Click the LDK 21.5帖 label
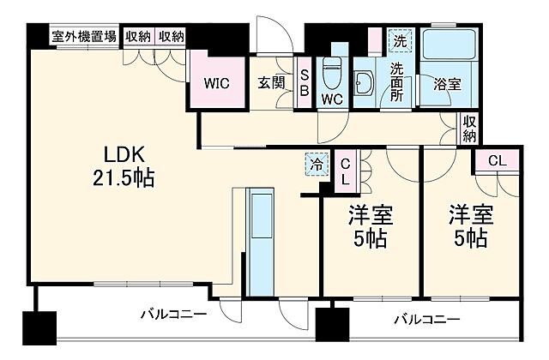(130, 167)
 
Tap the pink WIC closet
(215, 83)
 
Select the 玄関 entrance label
(268, 83)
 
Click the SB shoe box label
(304, 83)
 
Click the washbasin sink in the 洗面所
(364, 85)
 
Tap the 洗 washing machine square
(399, 40)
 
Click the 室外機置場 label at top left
(85, 36)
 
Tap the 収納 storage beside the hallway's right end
(469, 129)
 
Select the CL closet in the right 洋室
(497, 160)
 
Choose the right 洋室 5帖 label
(469, 226)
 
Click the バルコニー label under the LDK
(172, 313)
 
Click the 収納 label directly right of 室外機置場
(138, 36)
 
